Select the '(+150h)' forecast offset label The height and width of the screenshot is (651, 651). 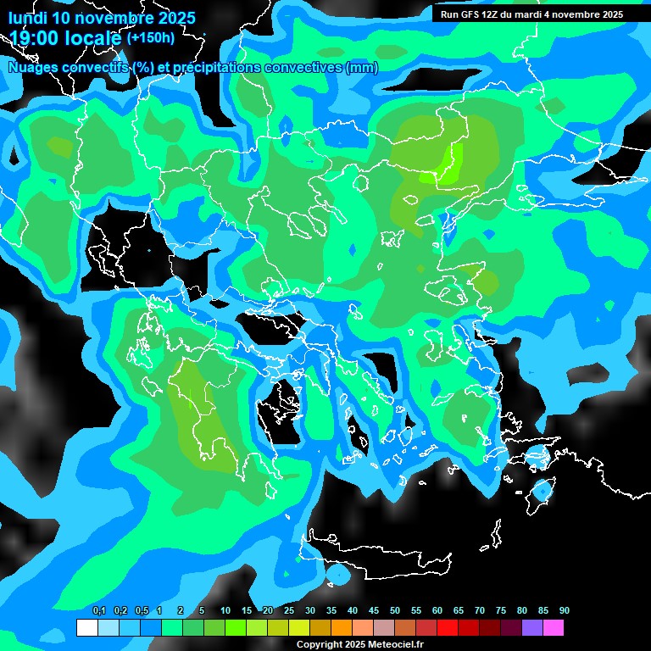tap(150, 38)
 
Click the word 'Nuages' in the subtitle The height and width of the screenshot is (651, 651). tap(33, 68)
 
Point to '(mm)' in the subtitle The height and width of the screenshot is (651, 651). tap(362, 68)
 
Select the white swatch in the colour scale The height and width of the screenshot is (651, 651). tap(86, 628)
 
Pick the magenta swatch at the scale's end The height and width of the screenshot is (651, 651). tap(553, 628)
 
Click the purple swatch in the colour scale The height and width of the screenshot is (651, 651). tap(531, 628)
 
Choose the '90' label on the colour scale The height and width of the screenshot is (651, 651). tap(564, 611)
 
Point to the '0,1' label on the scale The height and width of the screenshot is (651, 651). tap(98, 611)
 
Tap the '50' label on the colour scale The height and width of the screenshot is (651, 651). tap(394, 611)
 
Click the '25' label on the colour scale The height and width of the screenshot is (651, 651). tap(288, 611)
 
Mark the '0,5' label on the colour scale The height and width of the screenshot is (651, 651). tap(141, 611)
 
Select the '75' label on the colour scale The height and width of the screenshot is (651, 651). tap(500, 611)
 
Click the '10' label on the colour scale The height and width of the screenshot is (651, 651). tap(225, 611)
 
